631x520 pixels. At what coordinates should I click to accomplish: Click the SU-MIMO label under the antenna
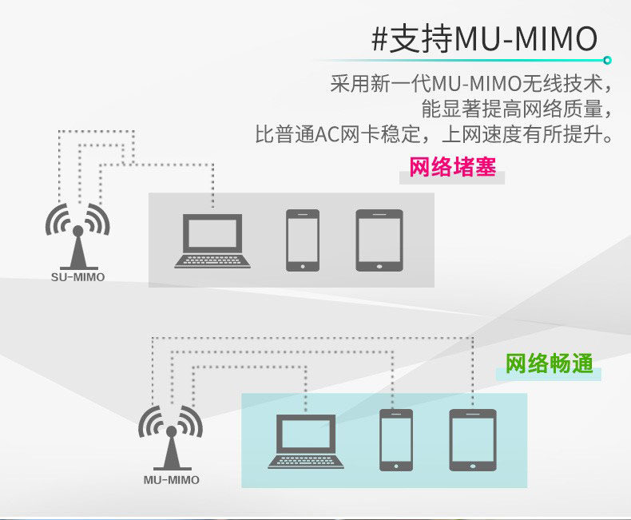click(x=77, y=277)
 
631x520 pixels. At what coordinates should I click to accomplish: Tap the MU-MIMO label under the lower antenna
click(x=172, y=480)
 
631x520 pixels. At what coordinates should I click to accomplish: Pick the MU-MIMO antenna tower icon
click(x=171, y=438)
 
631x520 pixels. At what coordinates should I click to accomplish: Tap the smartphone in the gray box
click(x=303, y=239)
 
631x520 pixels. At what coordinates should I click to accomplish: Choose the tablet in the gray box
click(x=379, y=239)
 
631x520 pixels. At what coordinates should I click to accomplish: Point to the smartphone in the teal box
click(x=396, y=439)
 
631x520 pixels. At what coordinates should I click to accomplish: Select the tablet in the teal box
click(x=473, y=439)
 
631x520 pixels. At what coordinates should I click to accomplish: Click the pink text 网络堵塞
click(x=452, y=169)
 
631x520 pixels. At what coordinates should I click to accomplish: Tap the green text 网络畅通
click(x=550, y=364)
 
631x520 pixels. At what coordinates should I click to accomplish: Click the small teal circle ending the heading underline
click(x=607, y=60)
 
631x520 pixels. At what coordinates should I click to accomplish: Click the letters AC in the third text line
click(x=327, y=133)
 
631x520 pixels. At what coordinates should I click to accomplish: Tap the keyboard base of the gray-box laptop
click(x=212, y=260)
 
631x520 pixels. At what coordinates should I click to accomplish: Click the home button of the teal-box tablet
click(x=473, y=463)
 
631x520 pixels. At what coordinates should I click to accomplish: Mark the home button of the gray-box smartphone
click(x=303, y=263)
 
